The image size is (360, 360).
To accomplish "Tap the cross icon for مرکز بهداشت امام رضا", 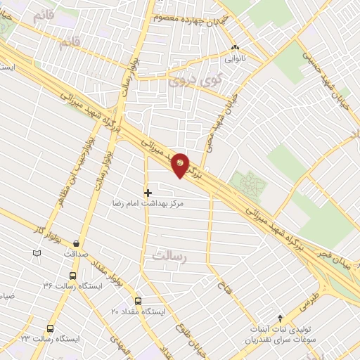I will coord(148,192).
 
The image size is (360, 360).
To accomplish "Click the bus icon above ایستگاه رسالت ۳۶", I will coord(72,276).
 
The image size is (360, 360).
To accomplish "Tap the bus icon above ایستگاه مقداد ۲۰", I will coord(138,301).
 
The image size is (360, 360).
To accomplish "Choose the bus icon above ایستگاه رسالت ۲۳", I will coord(50,328).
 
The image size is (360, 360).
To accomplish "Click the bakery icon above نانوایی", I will coord(236,49).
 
